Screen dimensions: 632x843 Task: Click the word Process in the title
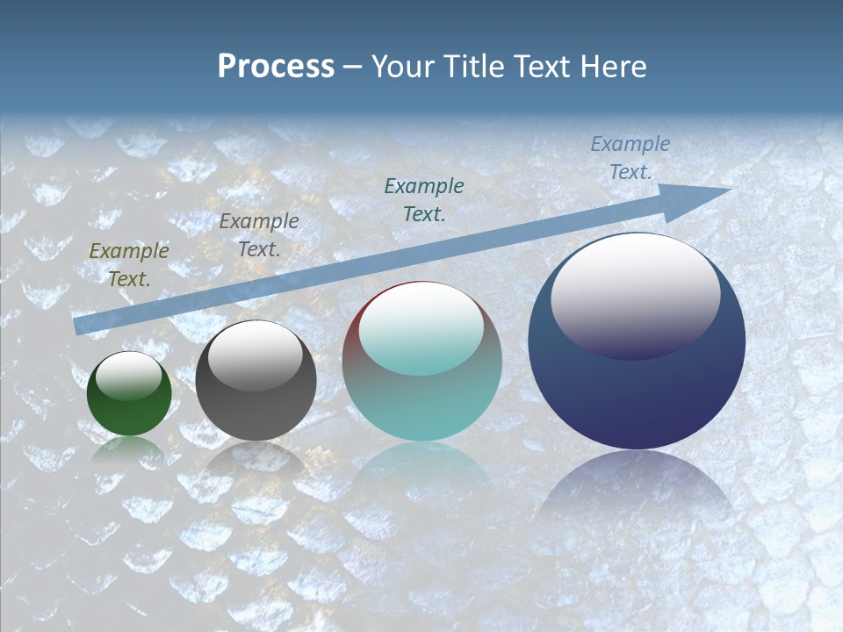click(x=276, y=67)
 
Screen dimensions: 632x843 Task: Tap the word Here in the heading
click(x=612, y=67)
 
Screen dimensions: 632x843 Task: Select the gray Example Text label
click(x=259, y=235)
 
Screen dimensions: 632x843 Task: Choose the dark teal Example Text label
click(x=424, y=199)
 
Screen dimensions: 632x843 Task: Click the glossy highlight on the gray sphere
click(x=256, y=354)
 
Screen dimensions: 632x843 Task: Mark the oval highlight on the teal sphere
click(x=421, y=329)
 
